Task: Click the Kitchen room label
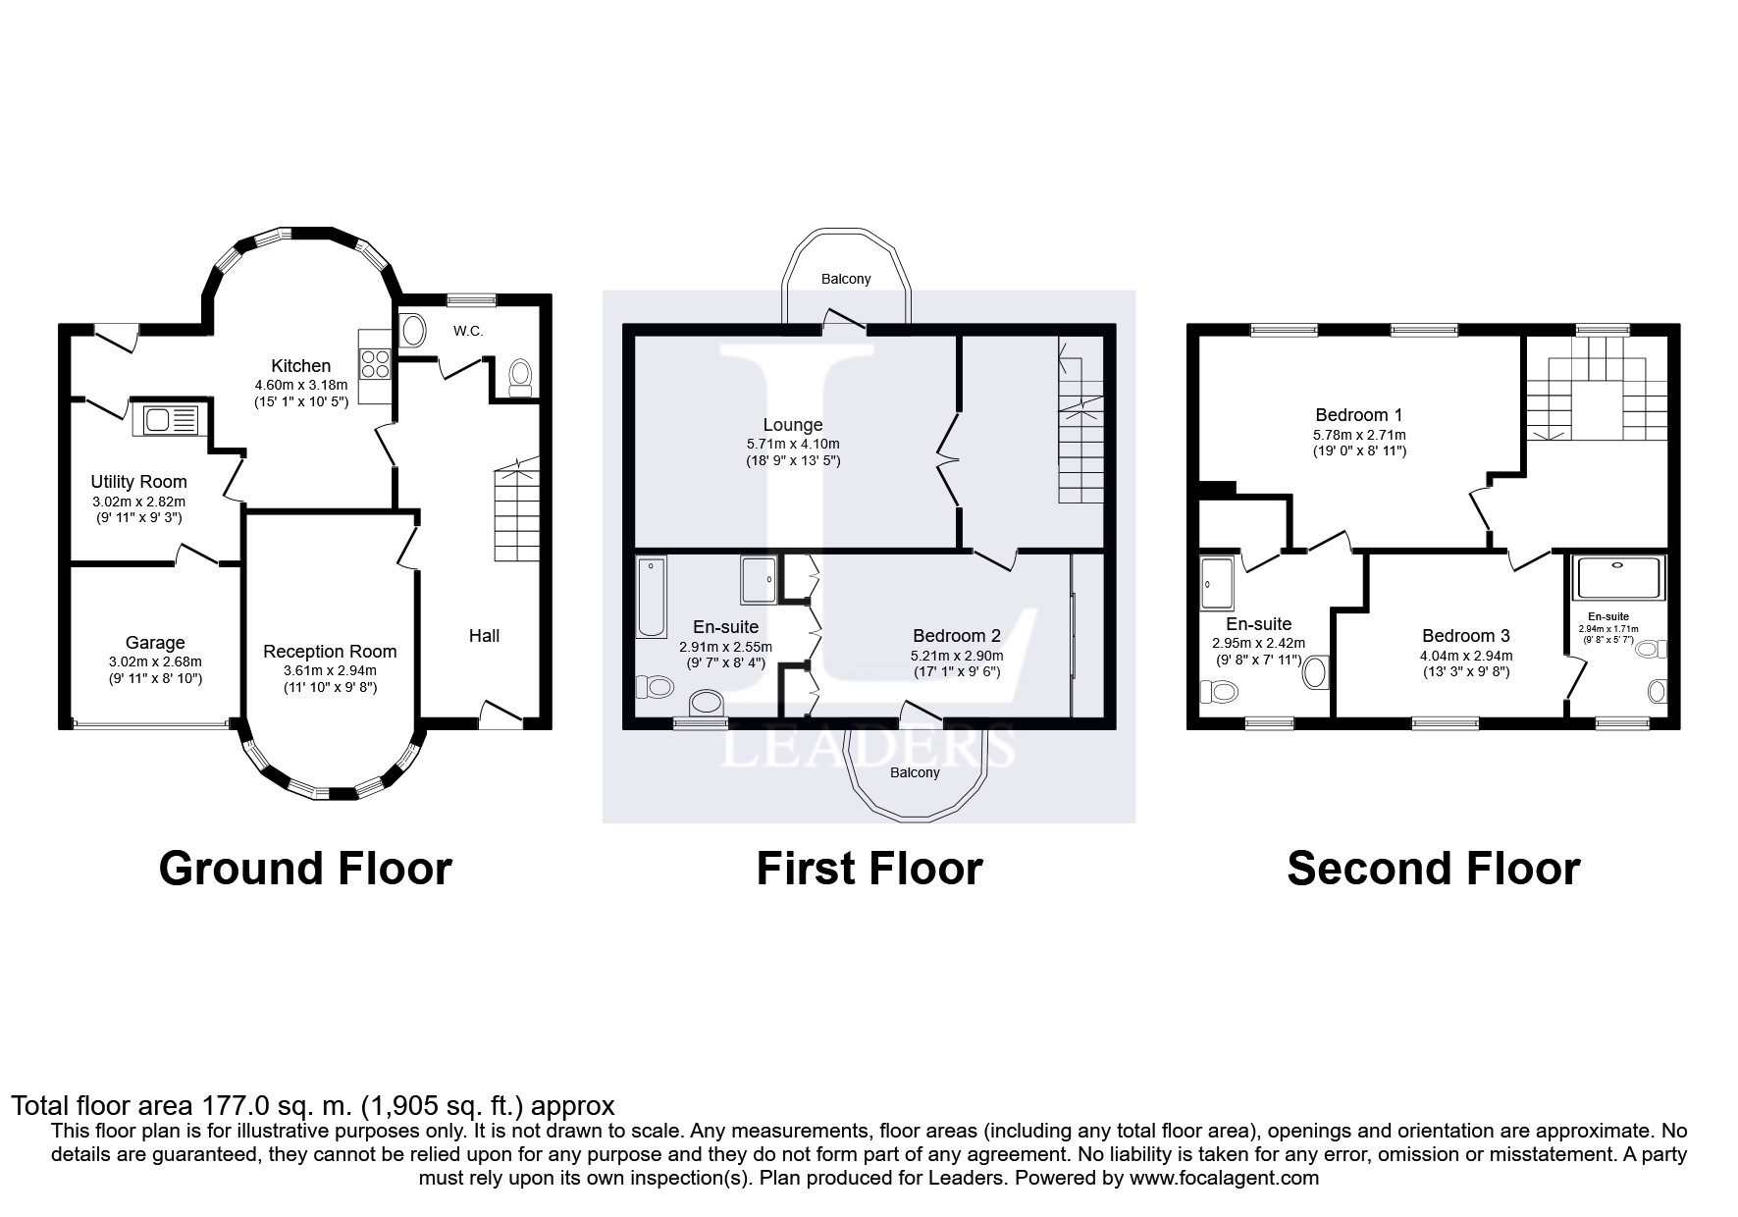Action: coord(300,366)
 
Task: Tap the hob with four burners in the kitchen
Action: coord(376,364)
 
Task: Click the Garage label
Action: coord(155,644)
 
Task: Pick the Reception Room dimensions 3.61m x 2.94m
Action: coord(330,670)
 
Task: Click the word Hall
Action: coord(484,636)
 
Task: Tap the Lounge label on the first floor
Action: coord(793,426)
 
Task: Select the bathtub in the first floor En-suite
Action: coord(652,597)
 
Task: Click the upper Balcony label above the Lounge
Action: coord(846,279)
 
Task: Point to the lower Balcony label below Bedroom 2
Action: coord(915,772)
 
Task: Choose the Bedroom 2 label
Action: coord(957,636)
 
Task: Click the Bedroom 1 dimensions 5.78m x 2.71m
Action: coord(1359,435)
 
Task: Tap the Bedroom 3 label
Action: coord(1466,636)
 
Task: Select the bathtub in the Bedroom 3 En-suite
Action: coord(1618,578)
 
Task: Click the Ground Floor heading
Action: coord(305,869)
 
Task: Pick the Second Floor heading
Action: coord(1433,869)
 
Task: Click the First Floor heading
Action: coord(869,869)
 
